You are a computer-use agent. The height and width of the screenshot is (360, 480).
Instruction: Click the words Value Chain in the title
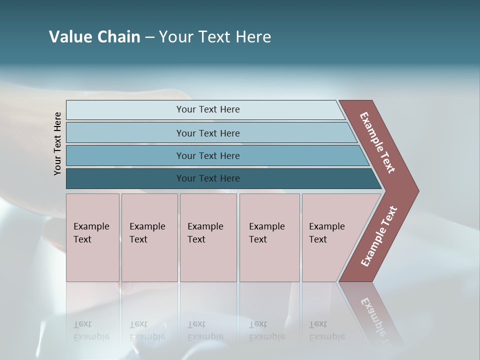94,37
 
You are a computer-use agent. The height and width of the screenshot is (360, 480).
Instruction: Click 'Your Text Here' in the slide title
215,37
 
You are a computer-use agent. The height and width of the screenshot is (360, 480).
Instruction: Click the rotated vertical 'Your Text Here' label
57,143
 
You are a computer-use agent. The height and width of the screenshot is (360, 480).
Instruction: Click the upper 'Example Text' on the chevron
377,142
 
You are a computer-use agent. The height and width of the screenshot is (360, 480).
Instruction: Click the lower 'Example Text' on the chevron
379,236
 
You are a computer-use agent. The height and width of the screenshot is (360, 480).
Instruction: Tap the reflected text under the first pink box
91,330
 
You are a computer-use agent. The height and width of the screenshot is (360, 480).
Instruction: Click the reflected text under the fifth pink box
326,330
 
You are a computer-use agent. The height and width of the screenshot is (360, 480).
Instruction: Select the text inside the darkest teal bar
208,178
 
